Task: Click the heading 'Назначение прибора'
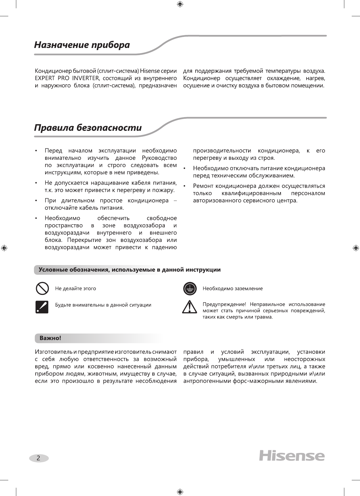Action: click(x=82, y=45)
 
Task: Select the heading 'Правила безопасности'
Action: click(x=88, y=128)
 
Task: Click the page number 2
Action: click(x=39, y=458)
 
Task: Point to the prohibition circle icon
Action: click(x=42, y=289)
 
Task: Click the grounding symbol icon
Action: click(x=190, y=289)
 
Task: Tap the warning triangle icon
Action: click(x=189, y=307)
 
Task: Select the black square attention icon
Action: click(x=42, y=307)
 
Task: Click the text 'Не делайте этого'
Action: click(x=75, y=289)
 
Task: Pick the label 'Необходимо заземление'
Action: click(x=232, y=289)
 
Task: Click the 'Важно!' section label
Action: click(x=50, y=338)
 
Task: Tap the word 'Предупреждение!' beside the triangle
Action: click(x=224, y=304)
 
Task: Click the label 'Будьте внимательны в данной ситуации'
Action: click(x=103, y=305)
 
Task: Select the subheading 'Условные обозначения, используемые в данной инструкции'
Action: click(x=129, y=270)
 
